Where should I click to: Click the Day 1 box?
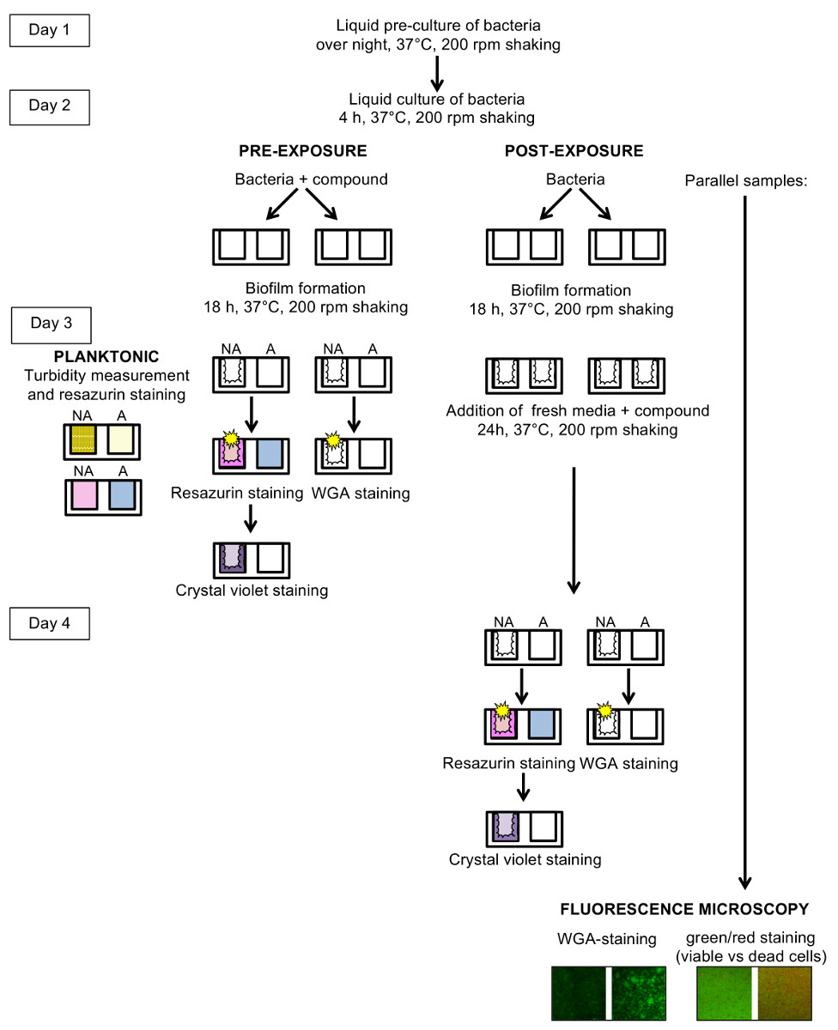[x=49, y=30]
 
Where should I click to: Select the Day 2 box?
[x=49, y=107]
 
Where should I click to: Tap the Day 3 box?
[x=51, y=325]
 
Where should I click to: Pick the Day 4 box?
[x=49, y=623]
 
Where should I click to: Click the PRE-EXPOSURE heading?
[x=303, y=151]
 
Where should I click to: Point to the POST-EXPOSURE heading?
[x=574, y=151]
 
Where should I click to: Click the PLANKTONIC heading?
[x=106, y=356]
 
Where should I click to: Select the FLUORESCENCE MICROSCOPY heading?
[x=684, y=909]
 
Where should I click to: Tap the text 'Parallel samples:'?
[x=745, y=181]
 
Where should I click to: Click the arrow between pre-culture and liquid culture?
[x=437, y=74]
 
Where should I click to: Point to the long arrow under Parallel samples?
[x=744, y=542]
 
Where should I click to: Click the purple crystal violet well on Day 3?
[x=233, y=558]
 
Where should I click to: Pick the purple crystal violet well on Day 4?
[x=506, y=827]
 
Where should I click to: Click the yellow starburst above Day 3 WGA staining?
[x=333, y=440]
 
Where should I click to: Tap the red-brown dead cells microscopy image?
[x=784, y=993]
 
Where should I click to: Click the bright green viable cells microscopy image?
[x=724, y=993]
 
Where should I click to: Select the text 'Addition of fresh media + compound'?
[x=577, y=411]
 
